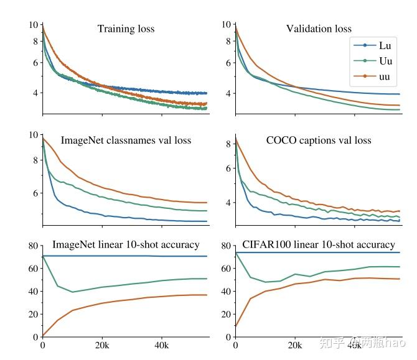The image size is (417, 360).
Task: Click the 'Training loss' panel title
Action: click(126, 29)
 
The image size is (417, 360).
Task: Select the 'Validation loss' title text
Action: click(319, 29)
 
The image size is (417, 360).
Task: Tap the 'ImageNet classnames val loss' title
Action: click(126, 140)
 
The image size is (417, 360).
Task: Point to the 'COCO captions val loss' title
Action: click(319, 140)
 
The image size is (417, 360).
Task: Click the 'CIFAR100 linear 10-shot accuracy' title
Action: click(319, 244)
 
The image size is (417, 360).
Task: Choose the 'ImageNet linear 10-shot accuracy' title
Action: click(126, 244)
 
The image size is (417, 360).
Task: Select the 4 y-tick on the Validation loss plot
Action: click(228, 93)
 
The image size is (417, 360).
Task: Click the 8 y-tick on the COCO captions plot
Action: click(228, 144)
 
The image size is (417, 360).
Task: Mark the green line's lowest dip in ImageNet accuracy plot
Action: click(72, 292)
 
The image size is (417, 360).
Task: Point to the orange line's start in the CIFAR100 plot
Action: click(235, 326)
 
